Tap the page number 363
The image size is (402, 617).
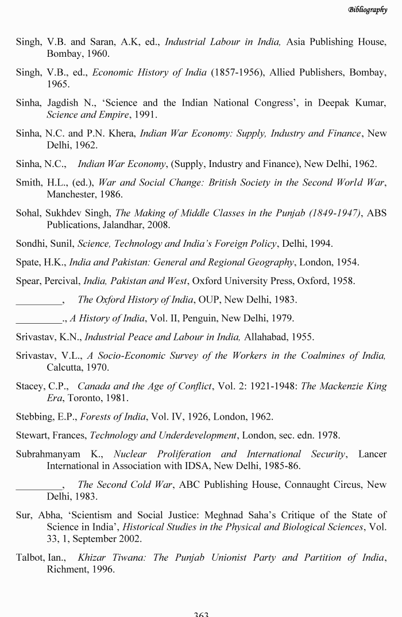[x=201, y=614]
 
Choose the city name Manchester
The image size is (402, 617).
[x=72, y=194]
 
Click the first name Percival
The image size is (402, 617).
[x=61, y=281]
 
